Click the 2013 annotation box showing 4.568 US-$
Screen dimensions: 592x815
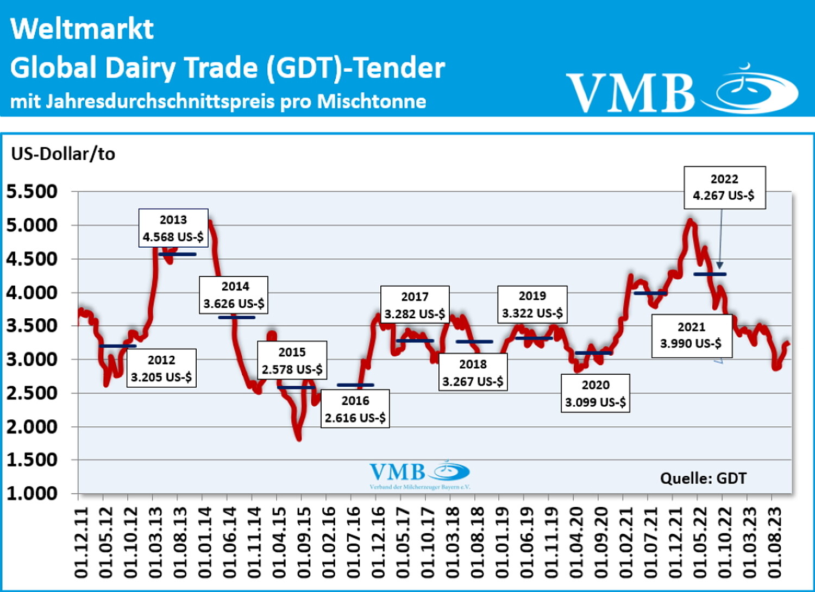click(173, 228)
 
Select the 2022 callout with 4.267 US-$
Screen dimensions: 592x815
click(724, 187)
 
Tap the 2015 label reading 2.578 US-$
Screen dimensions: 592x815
click(292, 361)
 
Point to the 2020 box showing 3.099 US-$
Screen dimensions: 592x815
click(595, 393)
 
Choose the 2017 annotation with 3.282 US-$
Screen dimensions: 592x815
click(415, 305)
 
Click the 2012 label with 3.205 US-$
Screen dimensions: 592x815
click(161, 368)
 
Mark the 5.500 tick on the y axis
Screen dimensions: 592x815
click(32, 191)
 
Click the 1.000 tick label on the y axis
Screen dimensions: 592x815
click(32, 493)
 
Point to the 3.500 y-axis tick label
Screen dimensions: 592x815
click(32, 326)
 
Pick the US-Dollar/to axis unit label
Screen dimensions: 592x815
click(63, 154)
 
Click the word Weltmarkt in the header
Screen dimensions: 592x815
click(82, 29)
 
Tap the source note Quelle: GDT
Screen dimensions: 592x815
click(703, 478)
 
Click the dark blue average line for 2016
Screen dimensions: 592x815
click(355, 385)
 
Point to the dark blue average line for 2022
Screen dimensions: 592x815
click(710, 274)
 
